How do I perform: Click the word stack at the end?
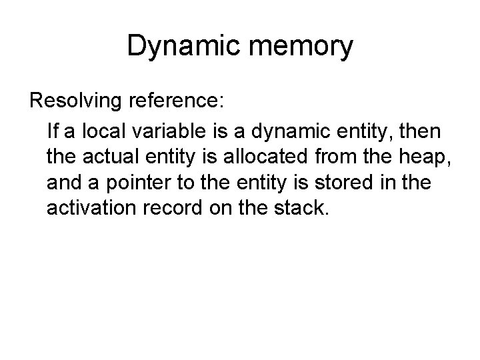click(303, 209)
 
